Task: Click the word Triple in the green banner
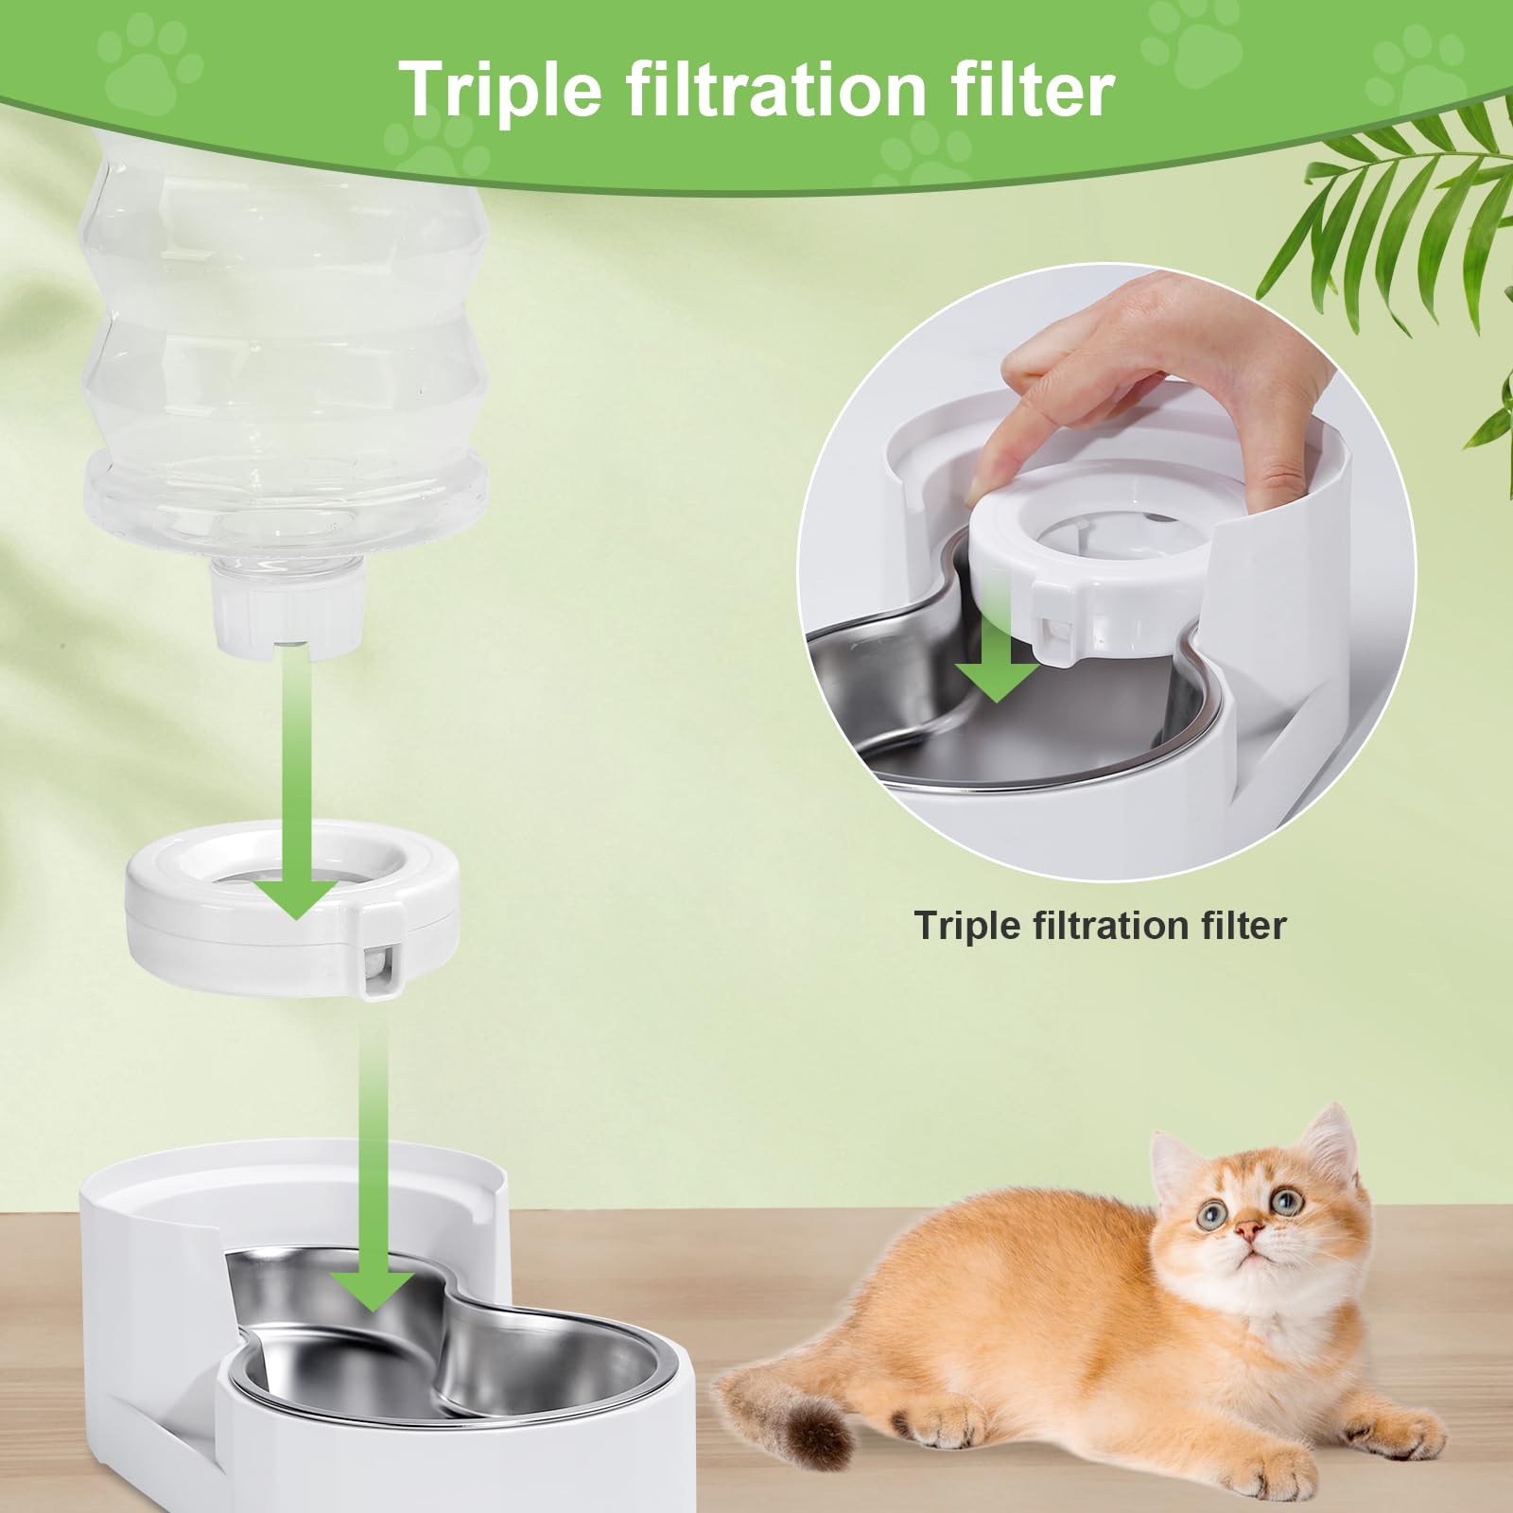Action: (499, 90)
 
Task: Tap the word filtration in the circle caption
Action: (1100, 925)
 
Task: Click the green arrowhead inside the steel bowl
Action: (374, 1286)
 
